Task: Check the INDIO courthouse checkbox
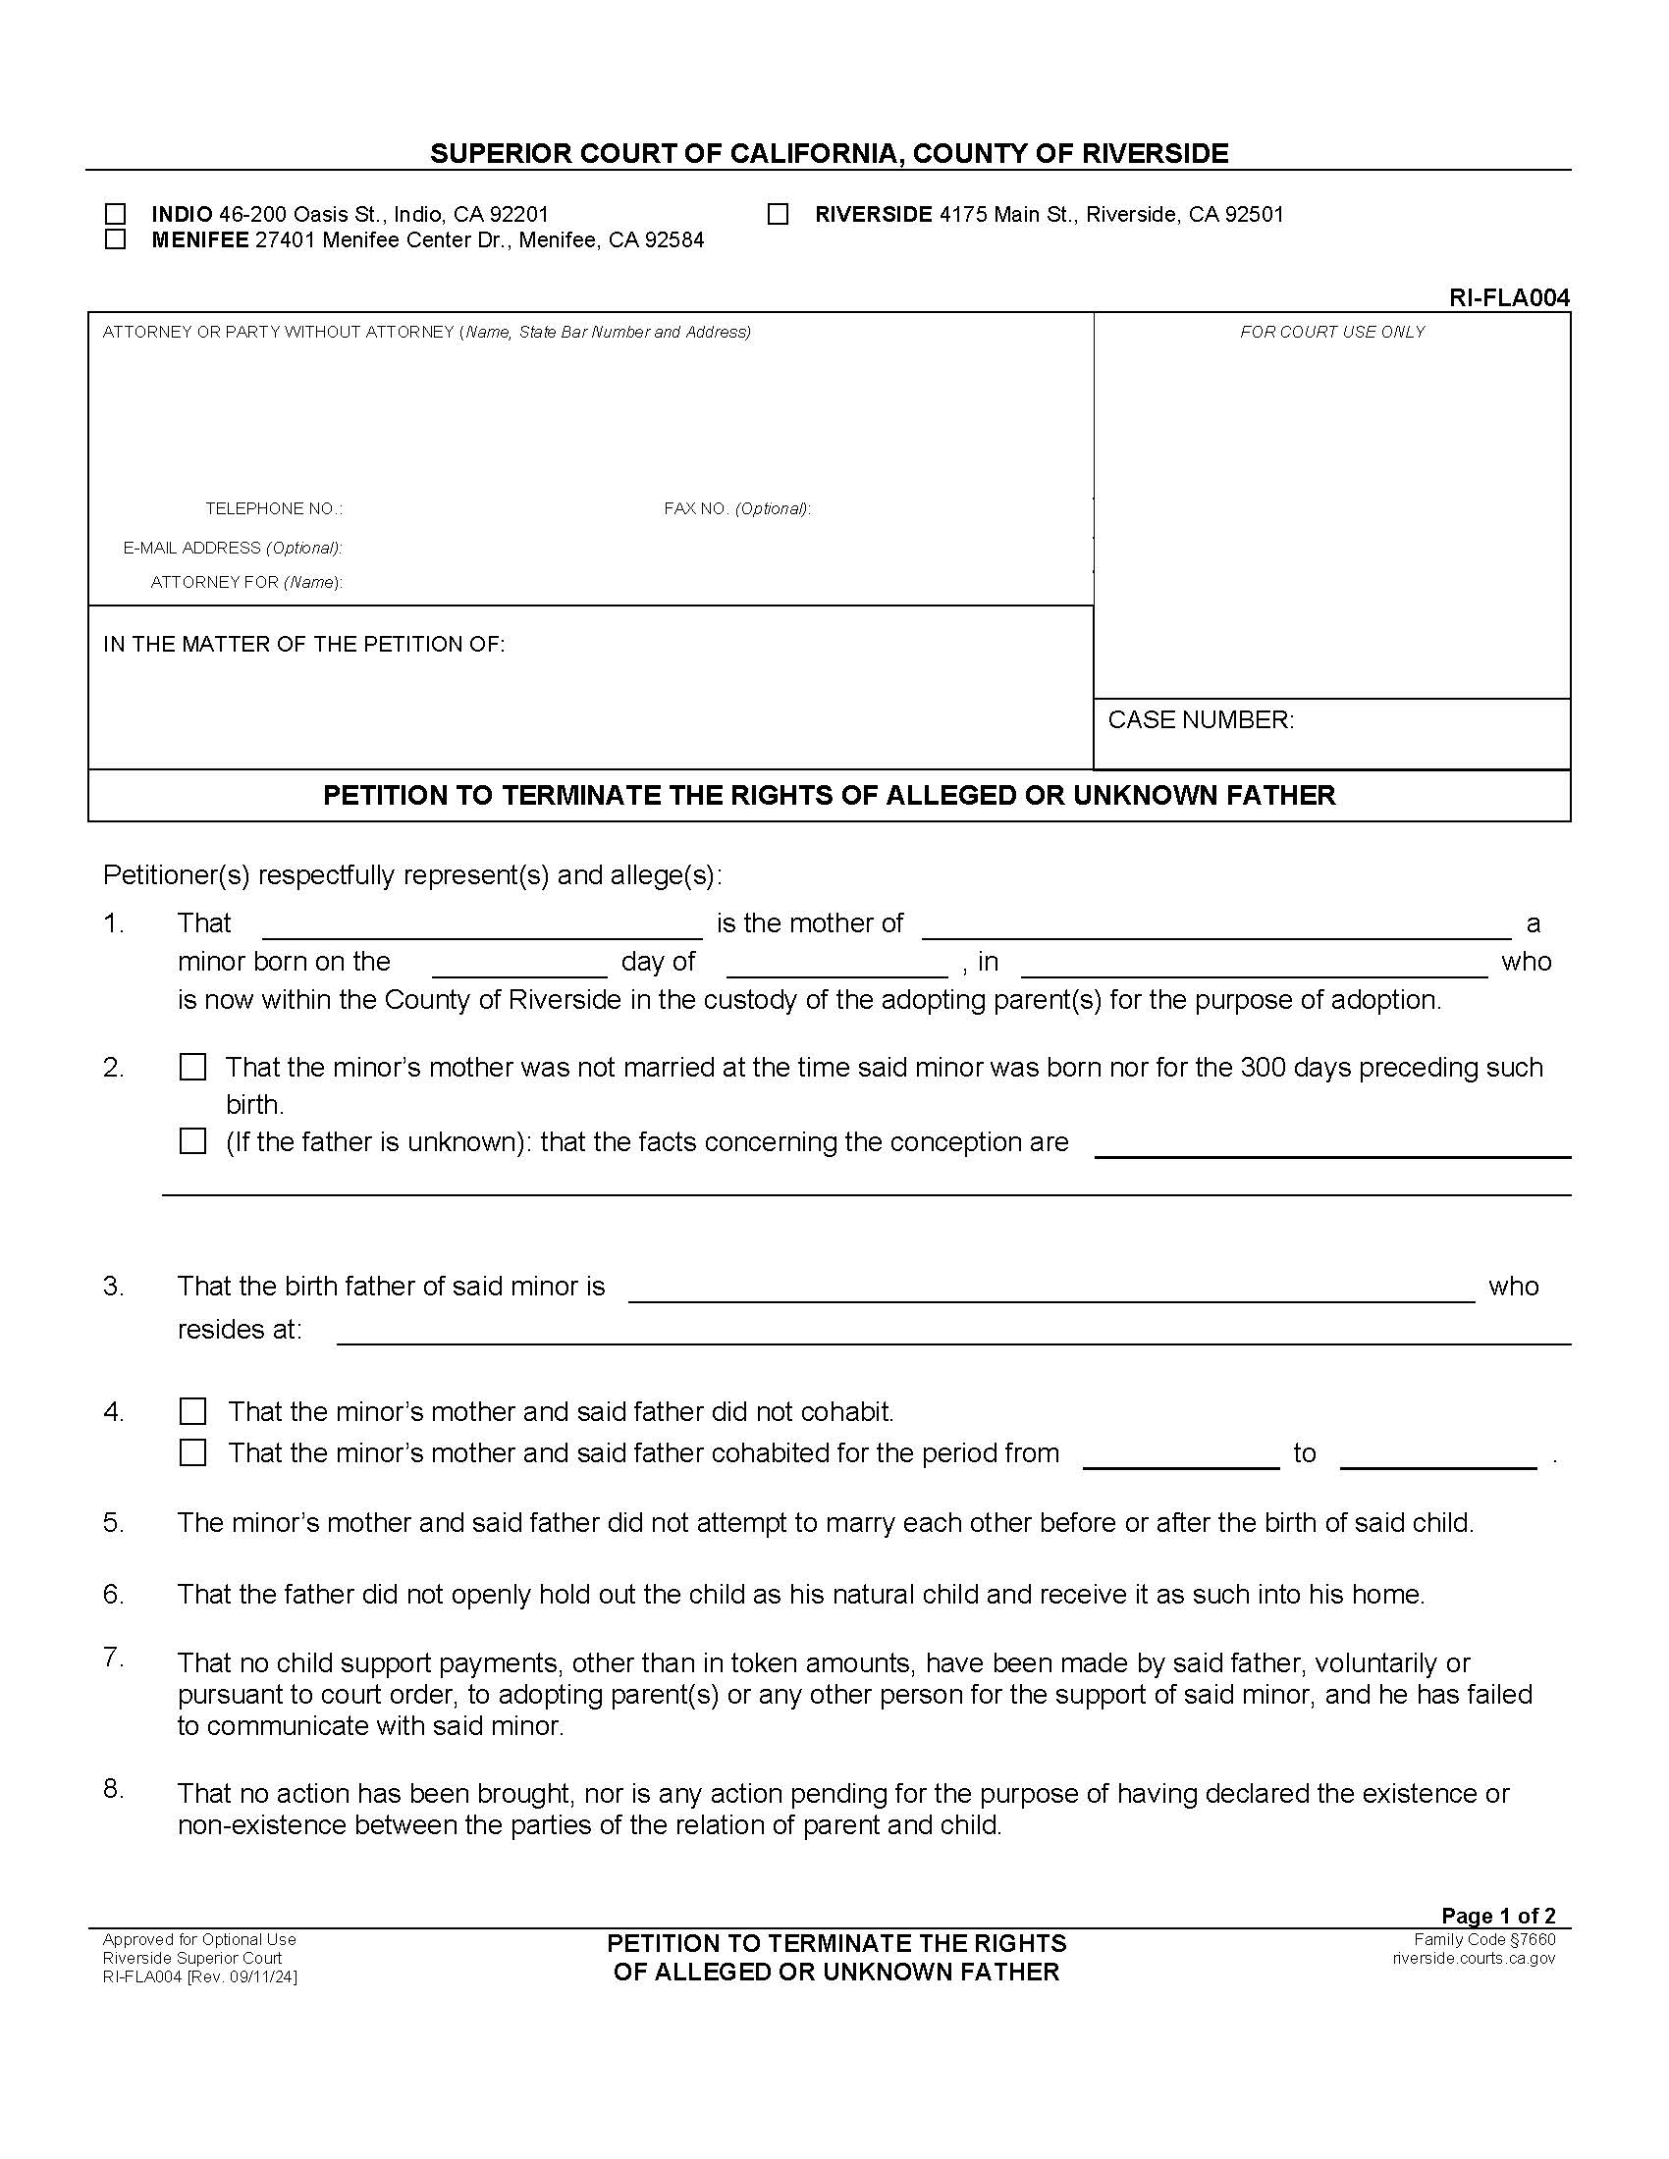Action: coord(116,214)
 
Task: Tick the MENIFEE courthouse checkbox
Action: coord(116,239)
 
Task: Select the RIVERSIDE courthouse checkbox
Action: coord(779,214)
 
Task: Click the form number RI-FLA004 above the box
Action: coord(1509,297)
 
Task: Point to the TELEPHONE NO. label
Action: coord(274,509)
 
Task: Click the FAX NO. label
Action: coord(736,509)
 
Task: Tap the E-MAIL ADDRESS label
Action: coord(233,548)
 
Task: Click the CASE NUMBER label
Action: coord(1201,719)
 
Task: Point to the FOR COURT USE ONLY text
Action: coord(1332,332)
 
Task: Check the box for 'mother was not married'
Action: coord(192,1068)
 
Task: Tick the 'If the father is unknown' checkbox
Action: coord(192,1141)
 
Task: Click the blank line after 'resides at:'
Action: coord(954,1333)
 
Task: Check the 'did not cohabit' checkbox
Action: coord(192,1410)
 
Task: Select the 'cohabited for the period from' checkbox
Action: coord(192,1452)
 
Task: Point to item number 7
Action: coord(114,1658)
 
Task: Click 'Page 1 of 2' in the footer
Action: coord(1498,1916)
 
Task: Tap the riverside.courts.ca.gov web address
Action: coord(1474,1958)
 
